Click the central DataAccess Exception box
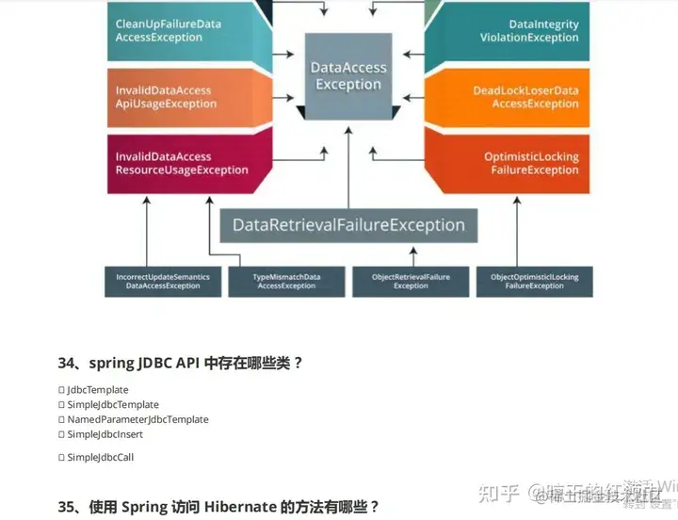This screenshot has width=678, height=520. (x=348, y=76)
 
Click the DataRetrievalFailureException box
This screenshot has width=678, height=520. (x=348, y=225)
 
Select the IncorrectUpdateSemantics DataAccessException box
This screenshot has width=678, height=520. (x=163, y=281)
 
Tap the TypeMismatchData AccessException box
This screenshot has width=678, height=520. (x=286, y=281)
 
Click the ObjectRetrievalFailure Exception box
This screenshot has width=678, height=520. (x=411, y=281)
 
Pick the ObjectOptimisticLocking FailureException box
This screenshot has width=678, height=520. (x=534, y=281)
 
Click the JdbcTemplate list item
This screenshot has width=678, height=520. (x=97, y=390)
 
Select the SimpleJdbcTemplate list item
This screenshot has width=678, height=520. (x=112, y=405)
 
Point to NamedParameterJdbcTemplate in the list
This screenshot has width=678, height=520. (x=137, y=420)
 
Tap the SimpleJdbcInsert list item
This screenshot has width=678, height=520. (x=105, y=435)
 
